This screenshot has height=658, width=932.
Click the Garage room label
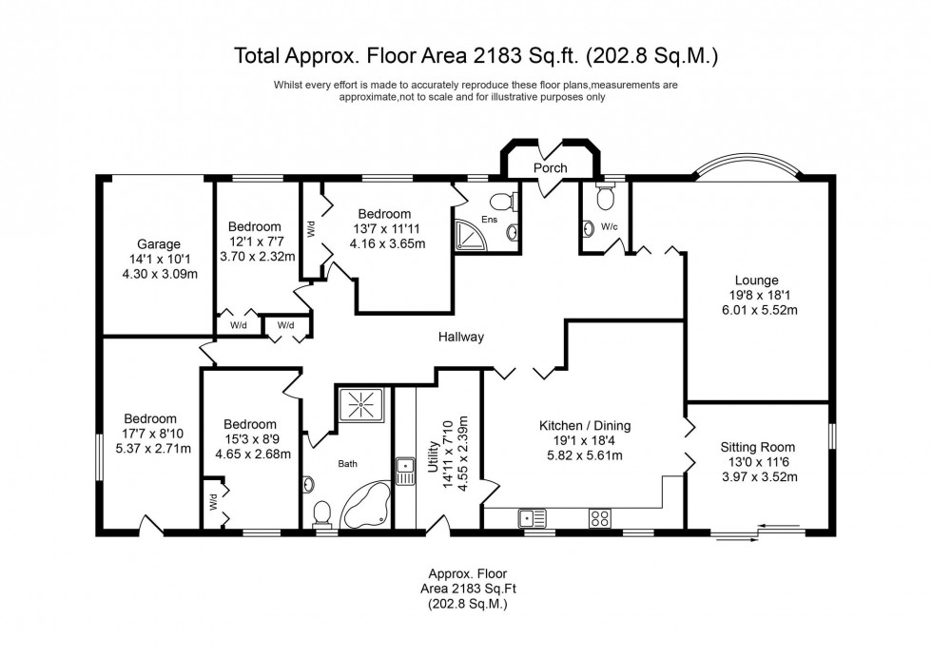point(157,244)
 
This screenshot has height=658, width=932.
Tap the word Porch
point(550,168)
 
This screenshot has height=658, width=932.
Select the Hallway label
point(461,337)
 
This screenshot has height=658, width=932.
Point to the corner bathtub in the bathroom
point(364,505)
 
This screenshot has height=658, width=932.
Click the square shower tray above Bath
point(361,405)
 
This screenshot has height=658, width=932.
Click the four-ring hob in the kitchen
point(600,518)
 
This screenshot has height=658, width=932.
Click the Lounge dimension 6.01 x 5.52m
point(757,310)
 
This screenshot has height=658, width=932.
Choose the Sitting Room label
point(757,447)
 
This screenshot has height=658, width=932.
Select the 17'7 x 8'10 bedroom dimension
point(150,434)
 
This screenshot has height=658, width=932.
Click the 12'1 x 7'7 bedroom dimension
point(255,242)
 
